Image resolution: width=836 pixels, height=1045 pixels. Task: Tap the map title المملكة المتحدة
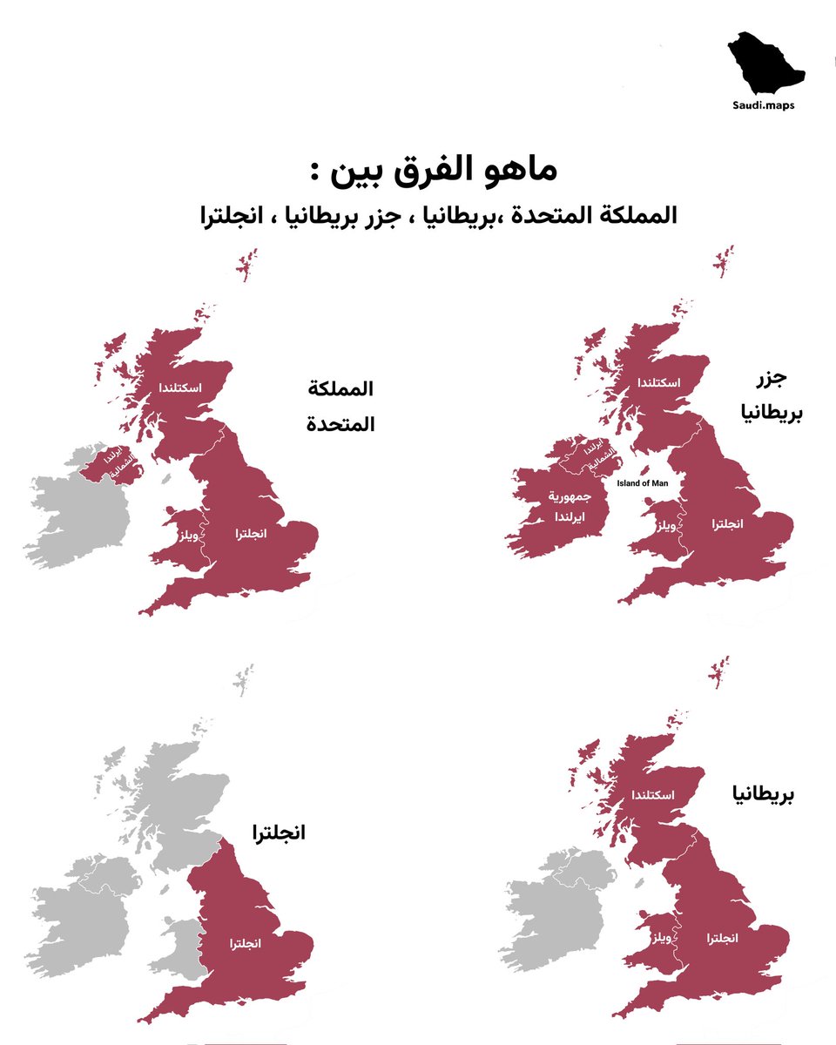[340, 406]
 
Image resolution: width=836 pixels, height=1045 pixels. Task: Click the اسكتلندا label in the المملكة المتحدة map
[181, 387]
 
